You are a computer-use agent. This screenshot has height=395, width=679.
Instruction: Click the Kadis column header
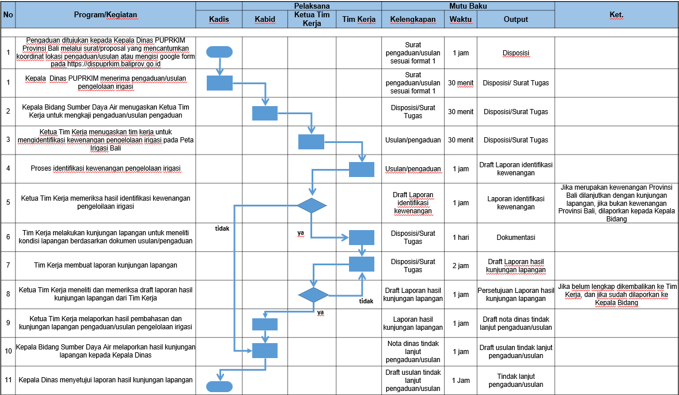[219, 19]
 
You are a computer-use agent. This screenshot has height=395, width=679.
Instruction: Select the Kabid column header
[265, 19]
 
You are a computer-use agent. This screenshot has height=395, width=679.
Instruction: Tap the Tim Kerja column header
[359, 19]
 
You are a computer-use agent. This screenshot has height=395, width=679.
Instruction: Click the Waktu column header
[460, 19]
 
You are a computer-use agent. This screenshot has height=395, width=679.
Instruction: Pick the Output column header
[516, 19]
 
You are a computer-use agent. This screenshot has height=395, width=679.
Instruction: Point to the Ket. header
[616, 15]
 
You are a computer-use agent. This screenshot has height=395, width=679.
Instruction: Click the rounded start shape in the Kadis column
[219, 52]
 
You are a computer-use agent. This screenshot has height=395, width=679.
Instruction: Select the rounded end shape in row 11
[219, 387]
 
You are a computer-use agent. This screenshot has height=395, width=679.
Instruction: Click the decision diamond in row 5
[312, 205]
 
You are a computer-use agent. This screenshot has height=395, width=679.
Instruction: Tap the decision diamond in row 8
[313, 295]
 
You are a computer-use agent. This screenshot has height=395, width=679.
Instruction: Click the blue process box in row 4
[362, 170]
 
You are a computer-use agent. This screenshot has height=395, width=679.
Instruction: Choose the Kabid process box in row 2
[265, 113]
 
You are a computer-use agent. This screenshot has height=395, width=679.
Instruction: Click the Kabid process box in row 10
[265, 351]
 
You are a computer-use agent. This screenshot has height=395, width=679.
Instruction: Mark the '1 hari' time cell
[461, 237]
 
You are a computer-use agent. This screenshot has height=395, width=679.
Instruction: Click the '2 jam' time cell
[461, 265]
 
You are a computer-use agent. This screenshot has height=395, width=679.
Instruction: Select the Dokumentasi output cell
[516, 237]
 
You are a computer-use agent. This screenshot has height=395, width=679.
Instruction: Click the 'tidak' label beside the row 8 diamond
[366, 301]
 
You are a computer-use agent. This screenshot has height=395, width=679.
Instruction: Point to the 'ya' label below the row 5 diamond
[301, 233]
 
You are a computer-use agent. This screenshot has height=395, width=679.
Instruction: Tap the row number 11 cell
[8, 380]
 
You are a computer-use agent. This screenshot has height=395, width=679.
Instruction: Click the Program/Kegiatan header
[105, 15]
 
